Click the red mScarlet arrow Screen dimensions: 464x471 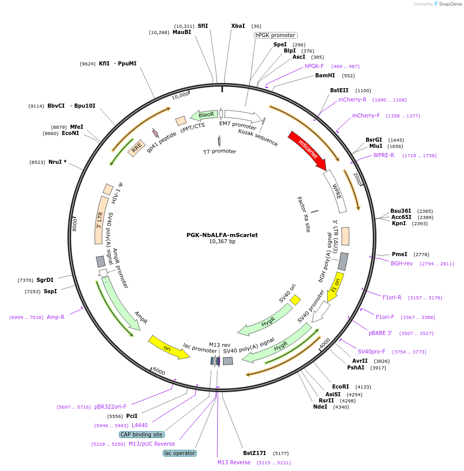pyautogui.click(x=307, y=150)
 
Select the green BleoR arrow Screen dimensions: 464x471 pyautogui.click(x=204, y=115)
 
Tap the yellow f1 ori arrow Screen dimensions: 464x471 pyautogui.click(x=335, y=287)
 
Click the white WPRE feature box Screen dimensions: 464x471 pyautogui.click(x=335, y=191)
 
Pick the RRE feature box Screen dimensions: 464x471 pyautogui.click(x=136, y=148)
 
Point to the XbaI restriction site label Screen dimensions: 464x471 pyautogui.click(x=238, y=26)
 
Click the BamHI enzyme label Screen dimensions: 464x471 pyautogui.click(x=325, y=75)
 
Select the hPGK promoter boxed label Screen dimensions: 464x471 pyautogui.click(x=276, y=35)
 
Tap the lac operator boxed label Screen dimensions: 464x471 pyautogui.click(x=180, y=453)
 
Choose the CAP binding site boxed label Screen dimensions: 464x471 pyautogui.click(x=142, y=434)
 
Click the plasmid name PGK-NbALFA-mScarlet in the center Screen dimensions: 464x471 pyautogui.click(x=222, y=235)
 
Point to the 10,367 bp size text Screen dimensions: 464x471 pyautogui.click(x=222, y=241)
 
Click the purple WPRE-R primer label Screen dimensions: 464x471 pyautogui.click(x=384, y=155)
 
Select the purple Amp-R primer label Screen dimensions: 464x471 pyautogui.click(x=56, y=317)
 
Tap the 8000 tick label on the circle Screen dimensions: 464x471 pyautogui.click(x=75, y=224)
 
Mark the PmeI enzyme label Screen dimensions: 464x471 pyautogui.click(x=400, y=254)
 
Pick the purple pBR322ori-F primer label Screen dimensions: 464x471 pyautogui.click(x=110, y=407)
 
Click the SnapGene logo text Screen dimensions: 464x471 pyautogui.click(x=450, y=4)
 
